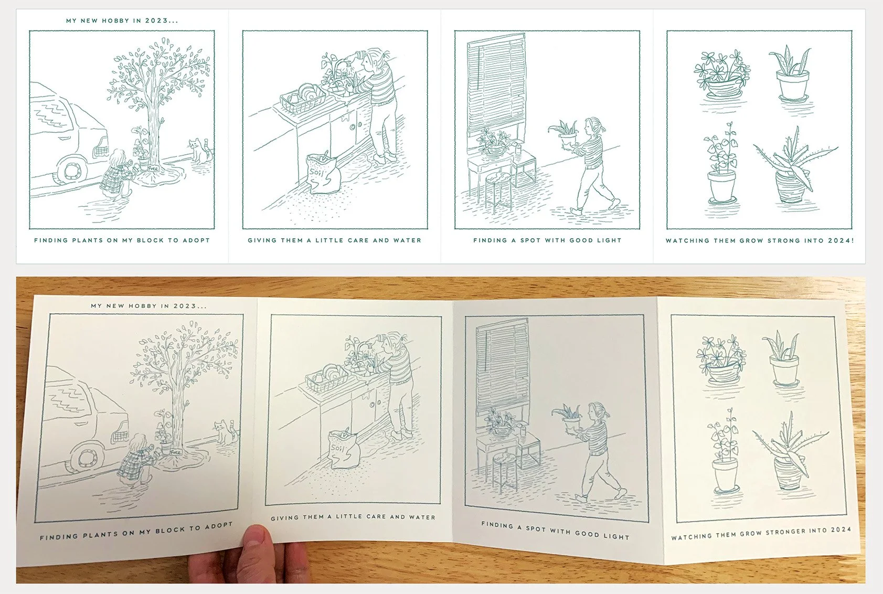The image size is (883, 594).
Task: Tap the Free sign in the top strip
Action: click(153, 168)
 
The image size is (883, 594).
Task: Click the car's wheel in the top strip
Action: click(71, 170)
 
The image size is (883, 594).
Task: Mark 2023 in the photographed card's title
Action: click(185, 305)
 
